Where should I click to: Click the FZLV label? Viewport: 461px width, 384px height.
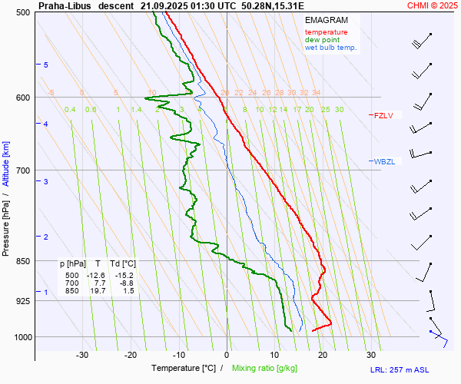tap(383, 116)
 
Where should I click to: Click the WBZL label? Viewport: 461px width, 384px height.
tap(384, 162)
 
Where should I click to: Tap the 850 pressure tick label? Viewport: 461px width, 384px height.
tap(22, 262)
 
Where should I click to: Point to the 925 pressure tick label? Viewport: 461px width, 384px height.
tap(22, 301)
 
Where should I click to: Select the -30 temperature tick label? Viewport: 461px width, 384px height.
tap(82, 355)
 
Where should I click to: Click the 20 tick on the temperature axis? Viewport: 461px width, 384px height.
tap(323, 355)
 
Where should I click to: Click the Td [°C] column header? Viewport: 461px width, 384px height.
tap(123, 263)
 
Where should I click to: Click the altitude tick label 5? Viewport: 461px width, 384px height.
tap(46, 65)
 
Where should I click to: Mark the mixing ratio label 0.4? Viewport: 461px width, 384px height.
tap(70, 110)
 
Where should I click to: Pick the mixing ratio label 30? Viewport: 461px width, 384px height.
tap(339, 110)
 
